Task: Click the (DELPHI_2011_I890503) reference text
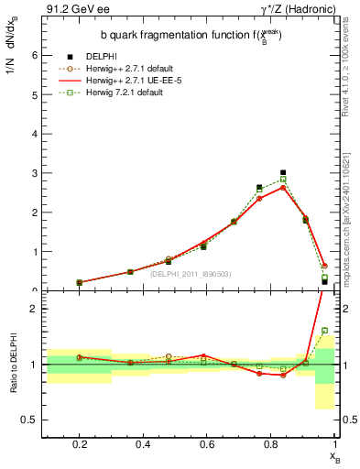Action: (191, 273)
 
